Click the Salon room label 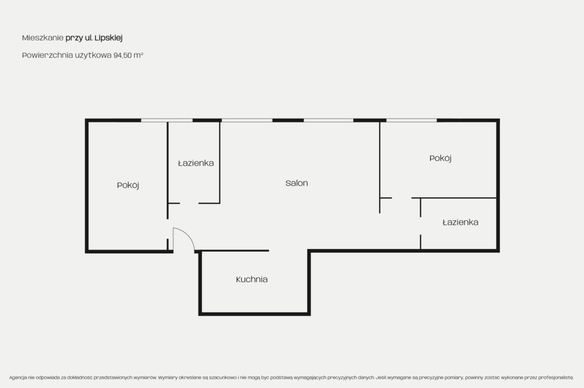point(297,183)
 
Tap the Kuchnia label point(252,279)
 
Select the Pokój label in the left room point(128,185)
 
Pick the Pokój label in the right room point(440,158)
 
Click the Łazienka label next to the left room point(196,163)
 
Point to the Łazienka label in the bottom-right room point(461,222)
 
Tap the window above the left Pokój point(167,120)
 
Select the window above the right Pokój point(411,120)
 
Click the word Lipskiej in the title point(108,38)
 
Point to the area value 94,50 point(122,55)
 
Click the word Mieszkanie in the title point(43,38)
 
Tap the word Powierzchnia point(47,55)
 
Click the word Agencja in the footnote point(18,377)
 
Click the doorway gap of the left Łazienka point(189,203)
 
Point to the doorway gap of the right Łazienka point(421,226)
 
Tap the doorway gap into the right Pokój point(402,198)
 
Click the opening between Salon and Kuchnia point(288,251)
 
